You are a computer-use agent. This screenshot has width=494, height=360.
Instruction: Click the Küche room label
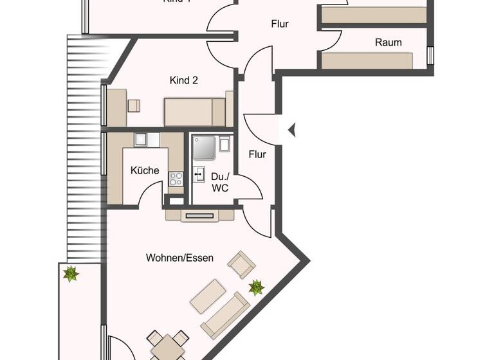[x=145, y=171]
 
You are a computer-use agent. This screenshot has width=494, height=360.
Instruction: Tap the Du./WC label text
[x=219, y=181]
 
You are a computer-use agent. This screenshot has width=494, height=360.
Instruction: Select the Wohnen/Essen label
[x=179, y=258]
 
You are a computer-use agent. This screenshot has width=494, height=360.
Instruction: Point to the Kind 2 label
[x=183, y=80]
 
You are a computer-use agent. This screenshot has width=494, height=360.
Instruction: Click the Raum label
[x=388, y=42]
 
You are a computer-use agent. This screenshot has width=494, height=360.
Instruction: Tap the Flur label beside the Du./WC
[x=257, y=154]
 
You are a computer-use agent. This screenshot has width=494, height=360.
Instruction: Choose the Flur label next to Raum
[x=279, y=24]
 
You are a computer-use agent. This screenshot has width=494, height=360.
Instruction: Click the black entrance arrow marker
[x=291, y=130]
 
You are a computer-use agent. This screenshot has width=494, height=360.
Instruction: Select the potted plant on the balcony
[x=70, y=274]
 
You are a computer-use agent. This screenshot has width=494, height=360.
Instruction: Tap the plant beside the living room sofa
[x=257, y=287]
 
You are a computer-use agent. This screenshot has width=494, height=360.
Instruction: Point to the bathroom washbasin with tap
[x=199, y=175]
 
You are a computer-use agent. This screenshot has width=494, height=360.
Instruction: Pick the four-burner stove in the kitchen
[x=176, y=179]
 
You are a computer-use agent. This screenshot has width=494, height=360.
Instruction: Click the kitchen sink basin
[x=142, y=139]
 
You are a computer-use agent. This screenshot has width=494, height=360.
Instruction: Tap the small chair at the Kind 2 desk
[x=134, y=105]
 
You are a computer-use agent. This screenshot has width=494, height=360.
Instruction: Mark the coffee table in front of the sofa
[x=207, y=295]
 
